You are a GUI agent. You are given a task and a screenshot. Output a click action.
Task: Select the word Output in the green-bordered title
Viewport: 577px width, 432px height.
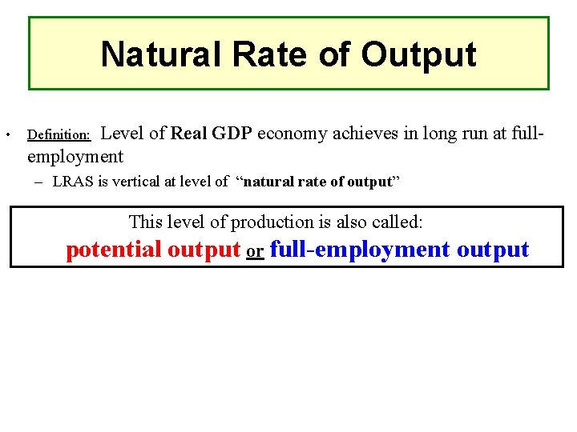click(418, 54)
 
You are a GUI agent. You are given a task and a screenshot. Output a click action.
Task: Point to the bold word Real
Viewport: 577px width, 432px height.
click(188, 133)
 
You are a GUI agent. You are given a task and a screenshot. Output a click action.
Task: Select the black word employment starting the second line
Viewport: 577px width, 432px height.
click(75, 156)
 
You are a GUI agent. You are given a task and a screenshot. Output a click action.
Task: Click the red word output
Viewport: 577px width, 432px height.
click(204, 250)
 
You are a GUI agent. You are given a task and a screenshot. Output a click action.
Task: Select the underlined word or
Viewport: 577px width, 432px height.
click(255, 251)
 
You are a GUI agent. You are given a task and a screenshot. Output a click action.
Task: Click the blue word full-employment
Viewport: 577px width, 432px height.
click(361, 250)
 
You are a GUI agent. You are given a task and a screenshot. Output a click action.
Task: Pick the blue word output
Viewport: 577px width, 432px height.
click(493, 250)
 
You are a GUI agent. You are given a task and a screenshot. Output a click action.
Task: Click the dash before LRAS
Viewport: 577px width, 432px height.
click(39, 182)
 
